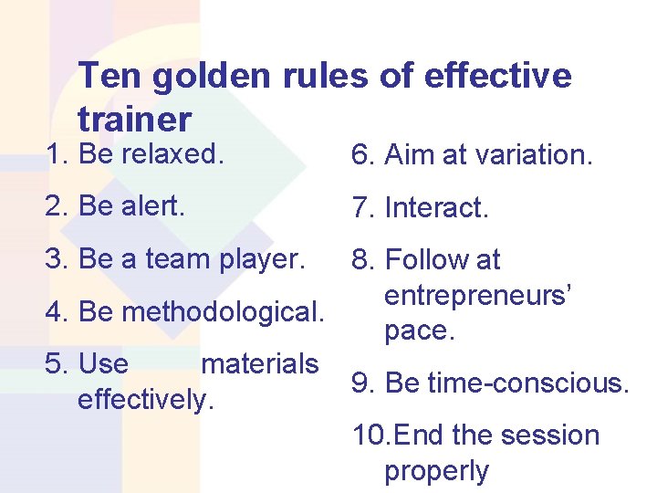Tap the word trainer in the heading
tap(135, 119)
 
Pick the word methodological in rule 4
tap(223, 312)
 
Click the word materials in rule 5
tap(259, 364)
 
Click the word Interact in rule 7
tap(437, 209)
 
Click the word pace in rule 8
tap(418, 330)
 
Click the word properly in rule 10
tap(436, 471)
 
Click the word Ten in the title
tap(109, 77)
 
